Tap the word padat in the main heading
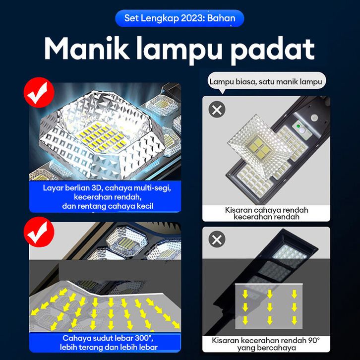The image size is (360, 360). click(273, 50)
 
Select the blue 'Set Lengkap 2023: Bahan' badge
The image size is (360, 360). click(180, 18)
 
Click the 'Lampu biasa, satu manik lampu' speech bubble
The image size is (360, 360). click(267, 81)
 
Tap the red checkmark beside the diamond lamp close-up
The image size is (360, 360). click(39, 92)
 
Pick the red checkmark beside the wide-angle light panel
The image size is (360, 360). click(39, 232)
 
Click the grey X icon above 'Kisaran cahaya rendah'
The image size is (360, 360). click(217, 110)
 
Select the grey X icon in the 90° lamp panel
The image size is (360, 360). click(217, 239)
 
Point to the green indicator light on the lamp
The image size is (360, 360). click(298, 126)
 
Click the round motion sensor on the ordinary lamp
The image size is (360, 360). click(314, 118)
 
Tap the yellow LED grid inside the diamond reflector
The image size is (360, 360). click(101, 138)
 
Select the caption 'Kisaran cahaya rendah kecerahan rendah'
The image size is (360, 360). click(266, 213)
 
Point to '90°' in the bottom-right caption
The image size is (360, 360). click(313, 340)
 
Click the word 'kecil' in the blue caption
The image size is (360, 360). click(145, 206)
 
